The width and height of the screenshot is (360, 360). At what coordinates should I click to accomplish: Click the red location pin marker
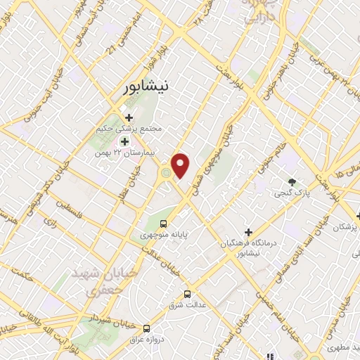click(x=181, y=165)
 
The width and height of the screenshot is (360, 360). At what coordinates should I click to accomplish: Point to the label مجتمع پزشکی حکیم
click(x=129, y=129)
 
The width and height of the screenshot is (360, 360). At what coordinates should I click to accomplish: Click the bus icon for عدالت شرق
click(x=187, y=294)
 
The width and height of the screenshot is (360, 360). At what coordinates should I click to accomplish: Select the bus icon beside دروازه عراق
click(x=146, y=328)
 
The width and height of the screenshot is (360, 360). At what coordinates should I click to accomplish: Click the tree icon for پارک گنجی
click(x=292, y=180)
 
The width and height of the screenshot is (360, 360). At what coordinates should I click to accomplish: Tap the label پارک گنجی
click(x=290, y=192)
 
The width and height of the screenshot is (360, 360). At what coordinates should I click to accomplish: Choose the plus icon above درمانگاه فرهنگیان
click(x=247, y=232)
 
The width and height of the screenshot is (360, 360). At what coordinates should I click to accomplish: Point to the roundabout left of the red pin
click(x=165, y=171)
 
